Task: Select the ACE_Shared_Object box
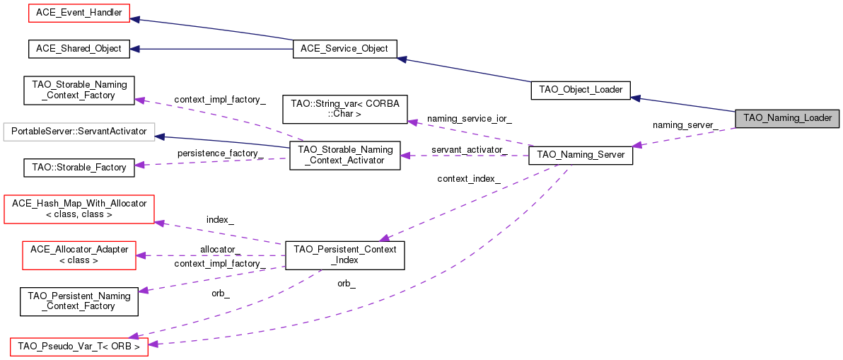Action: coord(79,49)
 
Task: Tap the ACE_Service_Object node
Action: coord(344,49)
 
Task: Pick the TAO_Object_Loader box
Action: coord(580,90)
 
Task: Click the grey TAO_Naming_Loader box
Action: coord(787,118)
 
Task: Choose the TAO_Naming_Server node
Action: coord(581,154)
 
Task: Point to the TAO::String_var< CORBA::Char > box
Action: coord(345,108)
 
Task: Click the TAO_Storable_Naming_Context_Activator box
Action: coord(345,155)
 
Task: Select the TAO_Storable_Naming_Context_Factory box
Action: coord(79,90)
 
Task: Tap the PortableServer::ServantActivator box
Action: coord(79,132)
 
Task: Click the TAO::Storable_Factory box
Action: coord(79,168)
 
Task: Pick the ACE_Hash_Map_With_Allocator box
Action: coord(79,209)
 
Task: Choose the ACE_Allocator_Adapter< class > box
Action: coord(79,255)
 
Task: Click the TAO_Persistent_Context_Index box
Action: coord(344,255)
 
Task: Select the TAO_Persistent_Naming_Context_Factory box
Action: coord(79,301)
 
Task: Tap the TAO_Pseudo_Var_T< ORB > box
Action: coord(79,347)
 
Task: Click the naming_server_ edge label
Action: coord(685,125)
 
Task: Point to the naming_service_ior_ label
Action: coord(469,118)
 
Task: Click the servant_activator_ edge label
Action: coord(469,150)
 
